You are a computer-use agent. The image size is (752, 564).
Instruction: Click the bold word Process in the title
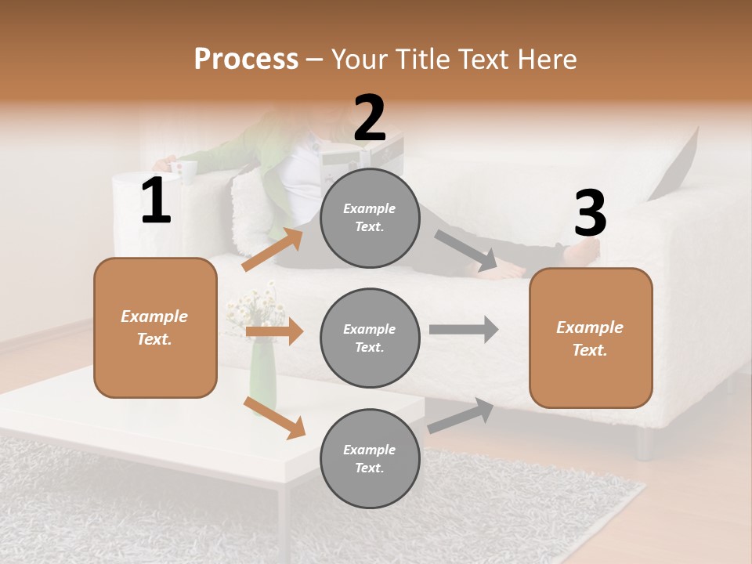tap(246, 59)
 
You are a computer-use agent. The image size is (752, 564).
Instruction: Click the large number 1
tap(156, 201)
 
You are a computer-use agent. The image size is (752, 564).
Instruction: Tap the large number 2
tap(370, 118)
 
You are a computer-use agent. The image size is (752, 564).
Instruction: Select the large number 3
tap(590, 213)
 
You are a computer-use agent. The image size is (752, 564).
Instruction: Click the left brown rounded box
tap(155, 327)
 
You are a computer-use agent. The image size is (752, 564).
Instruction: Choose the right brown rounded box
tap(591, 338)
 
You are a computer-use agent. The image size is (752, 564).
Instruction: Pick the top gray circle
tap(370, 218)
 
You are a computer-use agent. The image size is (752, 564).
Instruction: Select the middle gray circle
tap(370, 338)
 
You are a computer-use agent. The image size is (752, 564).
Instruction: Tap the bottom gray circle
tap(370, 458)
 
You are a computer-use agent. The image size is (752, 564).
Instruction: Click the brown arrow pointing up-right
tap(273, 250)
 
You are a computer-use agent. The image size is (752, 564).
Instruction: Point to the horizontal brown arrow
tap(274, 331)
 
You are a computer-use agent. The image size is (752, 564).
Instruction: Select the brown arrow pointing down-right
tap(274, 418)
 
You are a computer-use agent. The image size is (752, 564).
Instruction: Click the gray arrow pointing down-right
tap(466, 251)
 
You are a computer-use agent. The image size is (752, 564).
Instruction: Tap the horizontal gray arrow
tap(464, 329)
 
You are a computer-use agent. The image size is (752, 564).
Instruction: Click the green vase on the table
tap(262, 376)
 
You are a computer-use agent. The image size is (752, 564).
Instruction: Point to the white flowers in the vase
tap(257, 308)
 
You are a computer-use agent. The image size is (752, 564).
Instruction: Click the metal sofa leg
tap(645, 443)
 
